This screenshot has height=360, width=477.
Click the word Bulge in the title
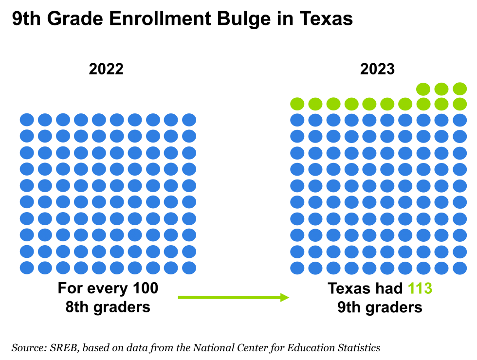pos(244,19)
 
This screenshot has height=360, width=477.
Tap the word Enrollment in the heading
pos(160,18)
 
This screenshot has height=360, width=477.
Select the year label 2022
pos(106,69)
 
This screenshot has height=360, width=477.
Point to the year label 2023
pos(377,69)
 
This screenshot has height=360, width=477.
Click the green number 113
pos(420,288)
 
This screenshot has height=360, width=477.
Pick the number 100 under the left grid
pos(146,288)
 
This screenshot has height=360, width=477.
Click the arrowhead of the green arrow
pos(284,297)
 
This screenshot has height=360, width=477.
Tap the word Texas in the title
pos(326,18)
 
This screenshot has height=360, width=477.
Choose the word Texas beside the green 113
pos(349,288)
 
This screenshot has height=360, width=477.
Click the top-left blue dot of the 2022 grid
pos(27,120)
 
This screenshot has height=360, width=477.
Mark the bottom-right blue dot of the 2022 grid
pos(189,268)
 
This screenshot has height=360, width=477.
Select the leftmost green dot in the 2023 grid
pos(297,104)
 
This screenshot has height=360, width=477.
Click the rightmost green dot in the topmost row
pos(459,89)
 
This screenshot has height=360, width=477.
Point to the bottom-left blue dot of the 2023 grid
pos(297,268)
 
